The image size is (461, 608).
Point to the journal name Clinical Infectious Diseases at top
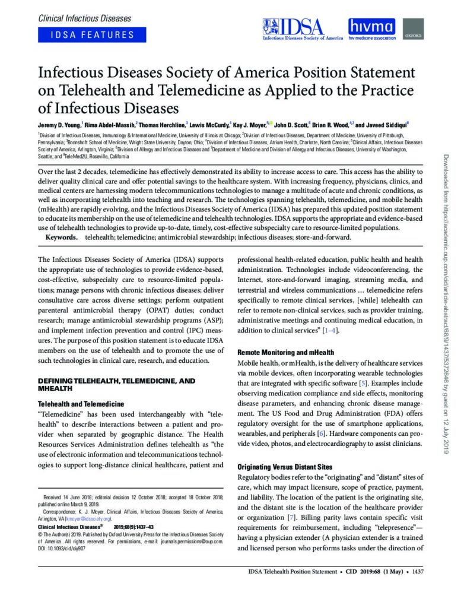click(84, 18)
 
